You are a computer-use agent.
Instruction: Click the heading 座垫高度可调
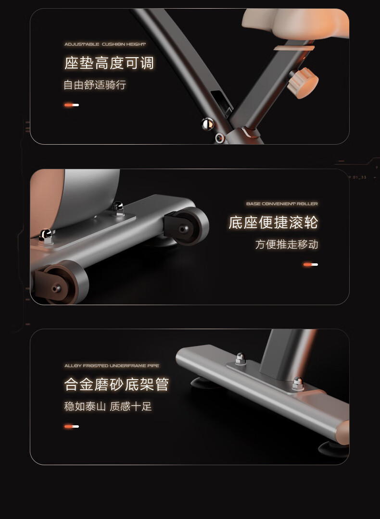point(109,63)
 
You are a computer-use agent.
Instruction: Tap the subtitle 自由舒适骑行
point(95,85)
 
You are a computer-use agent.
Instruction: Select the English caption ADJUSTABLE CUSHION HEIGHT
point(105,44)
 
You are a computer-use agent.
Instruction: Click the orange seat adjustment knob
point(303,83)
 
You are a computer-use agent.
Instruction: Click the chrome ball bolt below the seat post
point(208,124)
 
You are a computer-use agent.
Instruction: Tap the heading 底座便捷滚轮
point(273,222)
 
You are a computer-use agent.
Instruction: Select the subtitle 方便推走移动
point(287,244)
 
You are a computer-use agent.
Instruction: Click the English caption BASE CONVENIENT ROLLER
point(282,204)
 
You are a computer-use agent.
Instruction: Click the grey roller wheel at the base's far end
point(187,226)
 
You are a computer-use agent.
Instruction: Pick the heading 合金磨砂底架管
point(116,384)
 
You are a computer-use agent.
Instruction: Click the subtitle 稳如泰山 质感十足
point(108,406)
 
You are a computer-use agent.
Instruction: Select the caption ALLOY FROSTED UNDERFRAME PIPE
point(112,365)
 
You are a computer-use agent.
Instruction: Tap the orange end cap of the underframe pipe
point(343,432)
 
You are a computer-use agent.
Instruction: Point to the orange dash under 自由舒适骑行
point(72,105)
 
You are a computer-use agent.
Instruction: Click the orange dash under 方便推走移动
point(310,264)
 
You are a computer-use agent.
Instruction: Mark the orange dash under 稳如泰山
point(72,426)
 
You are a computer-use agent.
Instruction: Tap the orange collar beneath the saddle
point(294,48)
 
